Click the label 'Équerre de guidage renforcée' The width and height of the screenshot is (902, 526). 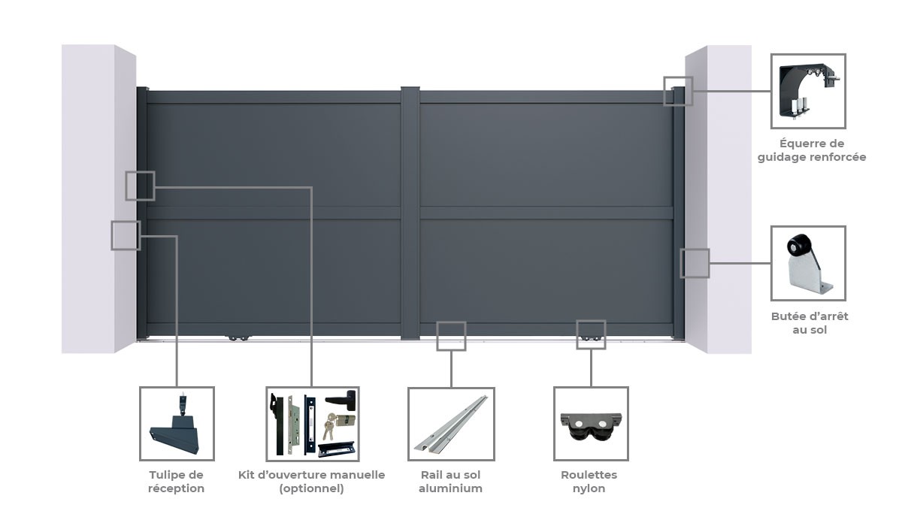pyautogui.click(x=811, y=150)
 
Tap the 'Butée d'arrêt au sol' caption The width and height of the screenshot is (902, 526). pyautogui.click(x=810, y=323)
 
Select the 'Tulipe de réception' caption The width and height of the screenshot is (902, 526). pyautogui.click(x=177, y=482)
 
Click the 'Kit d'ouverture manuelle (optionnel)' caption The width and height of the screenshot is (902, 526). pyautogui.click(x=312, y=482)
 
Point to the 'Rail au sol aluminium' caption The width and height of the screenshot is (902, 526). pyautogui.click(x=450, y=482)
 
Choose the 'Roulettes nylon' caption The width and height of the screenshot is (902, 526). pyautogui.click(x=589, y=482)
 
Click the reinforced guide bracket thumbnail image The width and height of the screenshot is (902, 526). pyautogui.click(x=808, y=92)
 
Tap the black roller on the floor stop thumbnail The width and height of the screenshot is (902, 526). pyautogui.click(x=798, y=246)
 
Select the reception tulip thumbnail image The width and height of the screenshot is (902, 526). pyautogui.click(x=176, y=425)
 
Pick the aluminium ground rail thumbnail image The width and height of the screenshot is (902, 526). pyautogui.click(x=451, y=424)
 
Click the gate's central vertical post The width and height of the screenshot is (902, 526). pyautogui.click(x=410, y=213)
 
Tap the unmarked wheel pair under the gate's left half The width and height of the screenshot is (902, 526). pyautogui.click(x=239, y=338)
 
